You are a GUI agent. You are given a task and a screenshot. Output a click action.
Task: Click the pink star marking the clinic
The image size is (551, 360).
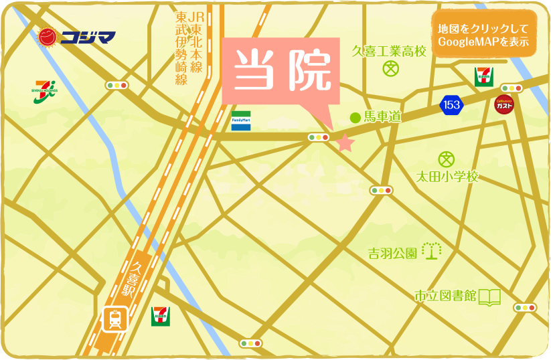(x=345, y=143)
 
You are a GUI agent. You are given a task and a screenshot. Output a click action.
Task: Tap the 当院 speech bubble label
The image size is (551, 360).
(x=282, y=71)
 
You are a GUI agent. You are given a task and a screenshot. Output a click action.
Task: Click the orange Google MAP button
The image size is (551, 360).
(x=483, y=35)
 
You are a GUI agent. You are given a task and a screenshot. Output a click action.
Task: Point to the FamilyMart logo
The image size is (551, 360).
(x=241, y=120)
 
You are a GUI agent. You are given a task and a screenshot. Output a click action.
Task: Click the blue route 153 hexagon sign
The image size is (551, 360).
(x=451, y=104)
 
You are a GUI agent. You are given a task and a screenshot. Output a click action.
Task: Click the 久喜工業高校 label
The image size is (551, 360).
(x=389, y=51)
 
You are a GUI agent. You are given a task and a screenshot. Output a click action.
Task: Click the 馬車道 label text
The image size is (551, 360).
(x=382, y=118)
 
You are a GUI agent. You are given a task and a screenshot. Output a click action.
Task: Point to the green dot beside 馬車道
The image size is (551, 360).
(x=356, y=118)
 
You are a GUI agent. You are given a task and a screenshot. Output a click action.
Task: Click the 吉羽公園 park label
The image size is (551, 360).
(x=393, y=254)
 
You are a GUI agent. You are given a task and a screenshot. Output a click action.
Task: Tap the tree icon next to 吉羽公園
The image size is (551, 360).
(x=432, y=251)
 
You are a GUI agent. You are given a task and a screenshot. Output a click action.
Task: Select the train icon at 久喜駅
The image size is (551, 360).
(x=115, y=320)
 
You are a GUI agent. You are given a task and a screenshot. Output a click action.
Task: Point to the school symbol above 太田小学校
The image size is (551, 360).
(x=447, y=159)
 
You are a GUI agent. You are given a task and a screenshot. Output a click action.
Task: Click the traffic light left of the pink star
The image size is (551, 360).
(x=318, y=137)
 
